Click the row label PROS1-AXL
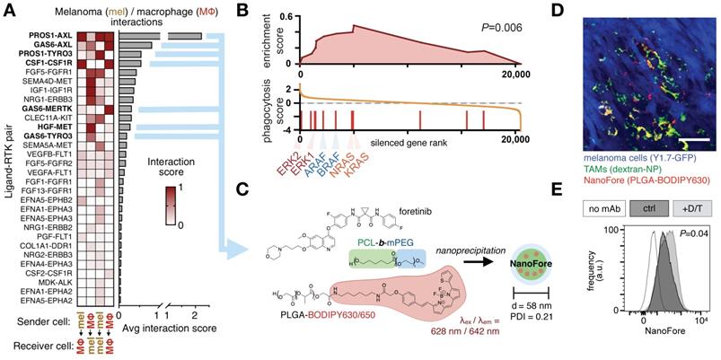click(52, 36)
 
